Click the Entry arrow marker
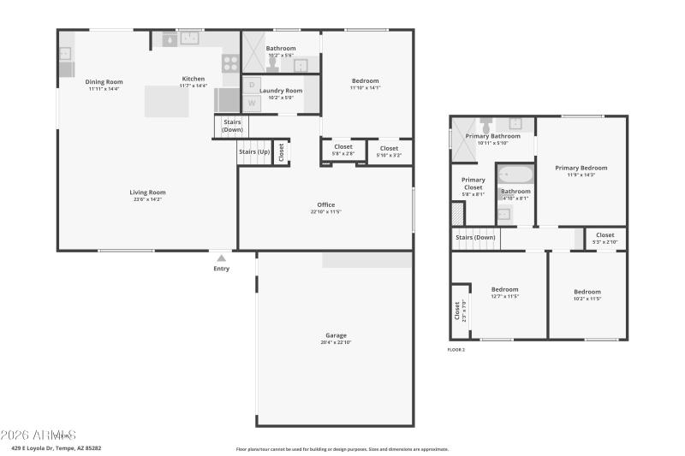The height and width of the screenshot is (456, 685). pyautogui.click(x=222, y=258)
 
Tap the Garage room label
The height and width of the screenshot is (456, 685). pyautogui.click(x=336, y=335)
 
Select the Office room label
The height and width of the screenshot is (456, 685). pyautogui.click(x=325, y=204)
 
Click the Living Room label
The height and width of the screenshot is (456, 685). pyautogui.click(x=147, y=192)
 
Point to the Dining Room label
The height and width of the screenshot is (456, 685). pyautogui.click(x=104, y=82)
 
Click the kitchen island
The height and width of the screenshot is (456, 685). pyautogui.click(x=166, y=101)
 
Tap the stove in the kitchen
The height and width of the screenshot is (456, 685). pyautogui.click(x=230, y=62)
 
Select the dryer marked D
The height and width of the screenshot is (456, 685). pyautogui.click(x=252, y=85)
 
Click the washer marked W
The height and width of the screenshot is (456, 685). pyautogui.click(x=252, y=104)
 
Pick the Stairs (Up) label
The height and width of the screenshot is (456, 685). pyautogui.click(x=254, y=151)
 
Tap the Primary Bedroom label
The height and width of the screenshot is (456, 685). pyautogui.click(x=581, y=168)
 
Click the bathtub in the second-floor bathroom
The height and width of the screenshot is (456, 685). pyautogui.click(x=515, y=175)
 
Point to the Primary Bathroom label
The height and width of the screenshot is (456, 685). pyautogui.click(x=492, y=136)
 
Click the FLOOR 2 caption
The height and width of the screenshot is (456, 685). pyautogui.click(x=456, y=350)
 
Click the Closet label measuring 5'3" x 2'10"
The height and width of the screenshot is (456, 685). pyautogui.click(x=605, y=235)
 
